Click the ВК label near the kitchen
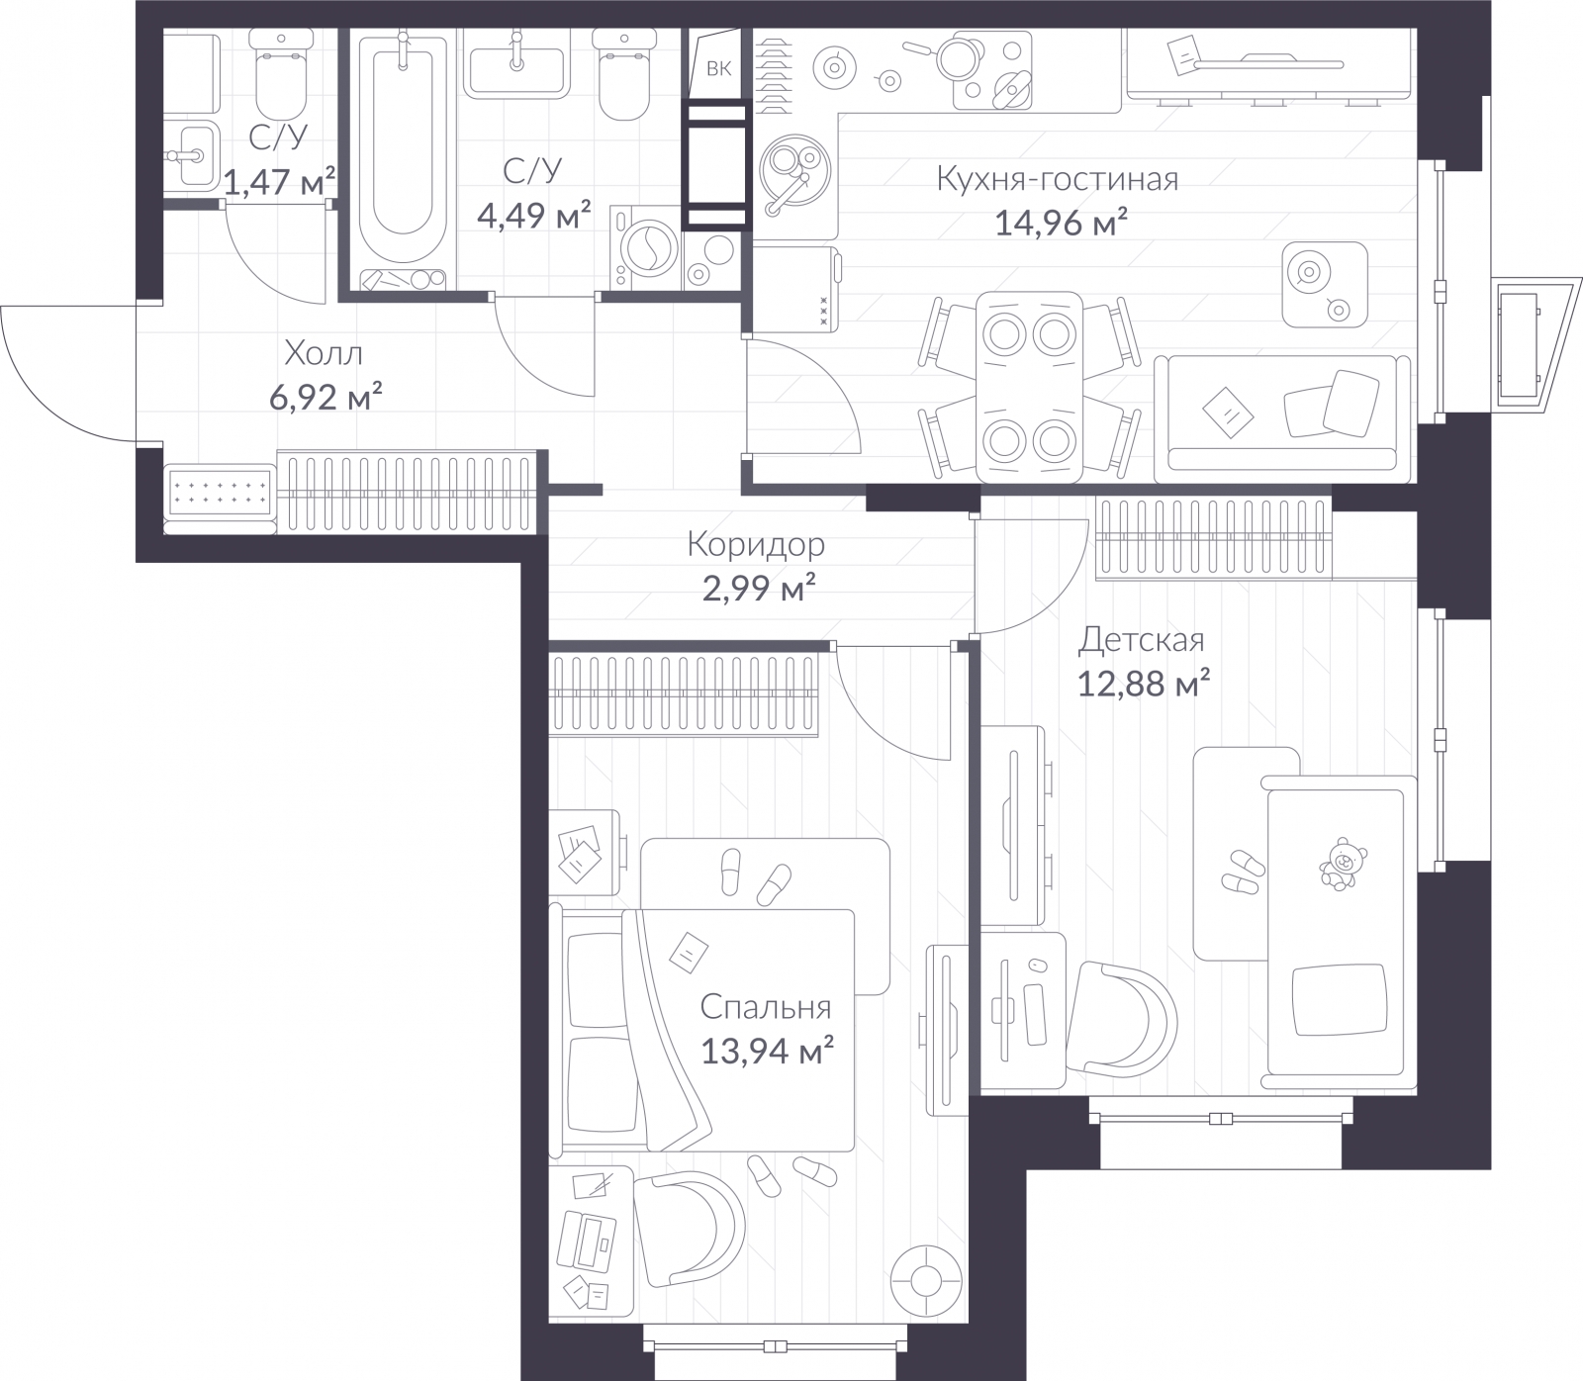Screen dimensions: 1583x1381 coord(719,68)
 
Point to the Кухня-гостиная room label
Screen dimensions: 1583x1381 coord(1057,180)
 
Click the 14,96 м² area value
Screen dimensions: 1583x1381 coord(1062,222)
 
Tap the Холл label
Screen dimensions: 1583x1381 coord(324,352)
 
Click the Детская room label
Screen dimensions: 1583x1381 coord(1142,640)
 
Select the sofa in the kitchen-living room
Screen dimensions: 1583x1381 coord(1282,414)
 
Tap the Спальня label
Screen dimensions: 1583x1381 coord(766,1008)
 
